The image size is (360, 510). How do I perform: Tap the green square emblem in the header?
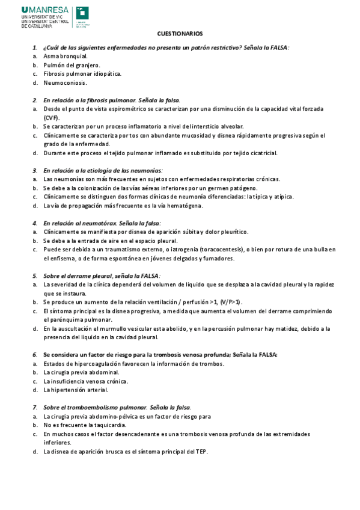[82, 13]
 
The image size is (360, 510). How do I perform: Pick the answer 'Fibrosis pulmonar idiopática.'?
[82, 73]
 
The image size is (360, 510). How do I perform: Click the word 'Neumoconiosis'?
[65, 82]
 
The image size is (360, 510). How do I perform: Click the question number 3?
[35, 170]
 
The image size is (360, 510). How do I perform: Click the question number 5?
[35, 275]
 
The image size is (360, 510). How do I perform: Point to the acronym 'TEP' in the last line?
[201, 451]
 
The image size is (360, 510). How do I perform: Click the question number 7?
[35, 407]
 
